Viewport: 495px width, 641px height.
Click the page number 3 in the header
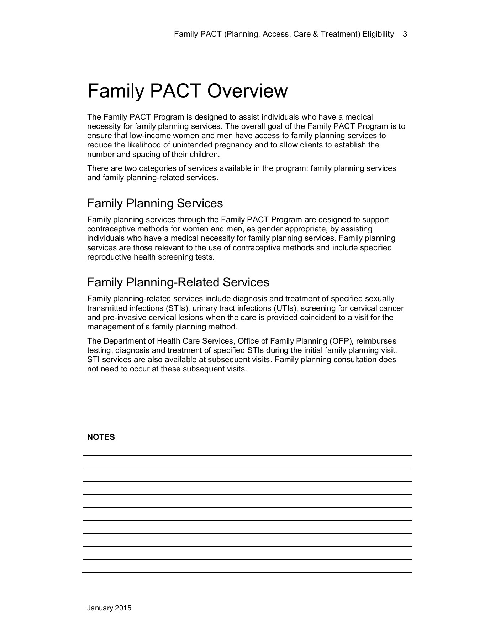pyautogui.click(x=405, y=34)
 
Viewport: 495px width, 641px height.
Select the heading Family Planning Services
pyautogui.click(x=155, y=203)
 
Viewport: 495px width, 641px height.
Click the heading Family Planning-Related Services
pyautogui.click(x=178, y=282)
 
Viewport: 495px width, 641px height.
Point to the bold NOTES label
pyautogui.click(x=101, y=437)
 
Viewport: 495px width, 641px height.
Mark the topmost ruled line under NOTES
pyautogui.click(x=247, y=456)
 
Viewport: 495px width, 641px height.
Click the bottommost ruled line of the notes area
pyautogui.click(x=247, y=573)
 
